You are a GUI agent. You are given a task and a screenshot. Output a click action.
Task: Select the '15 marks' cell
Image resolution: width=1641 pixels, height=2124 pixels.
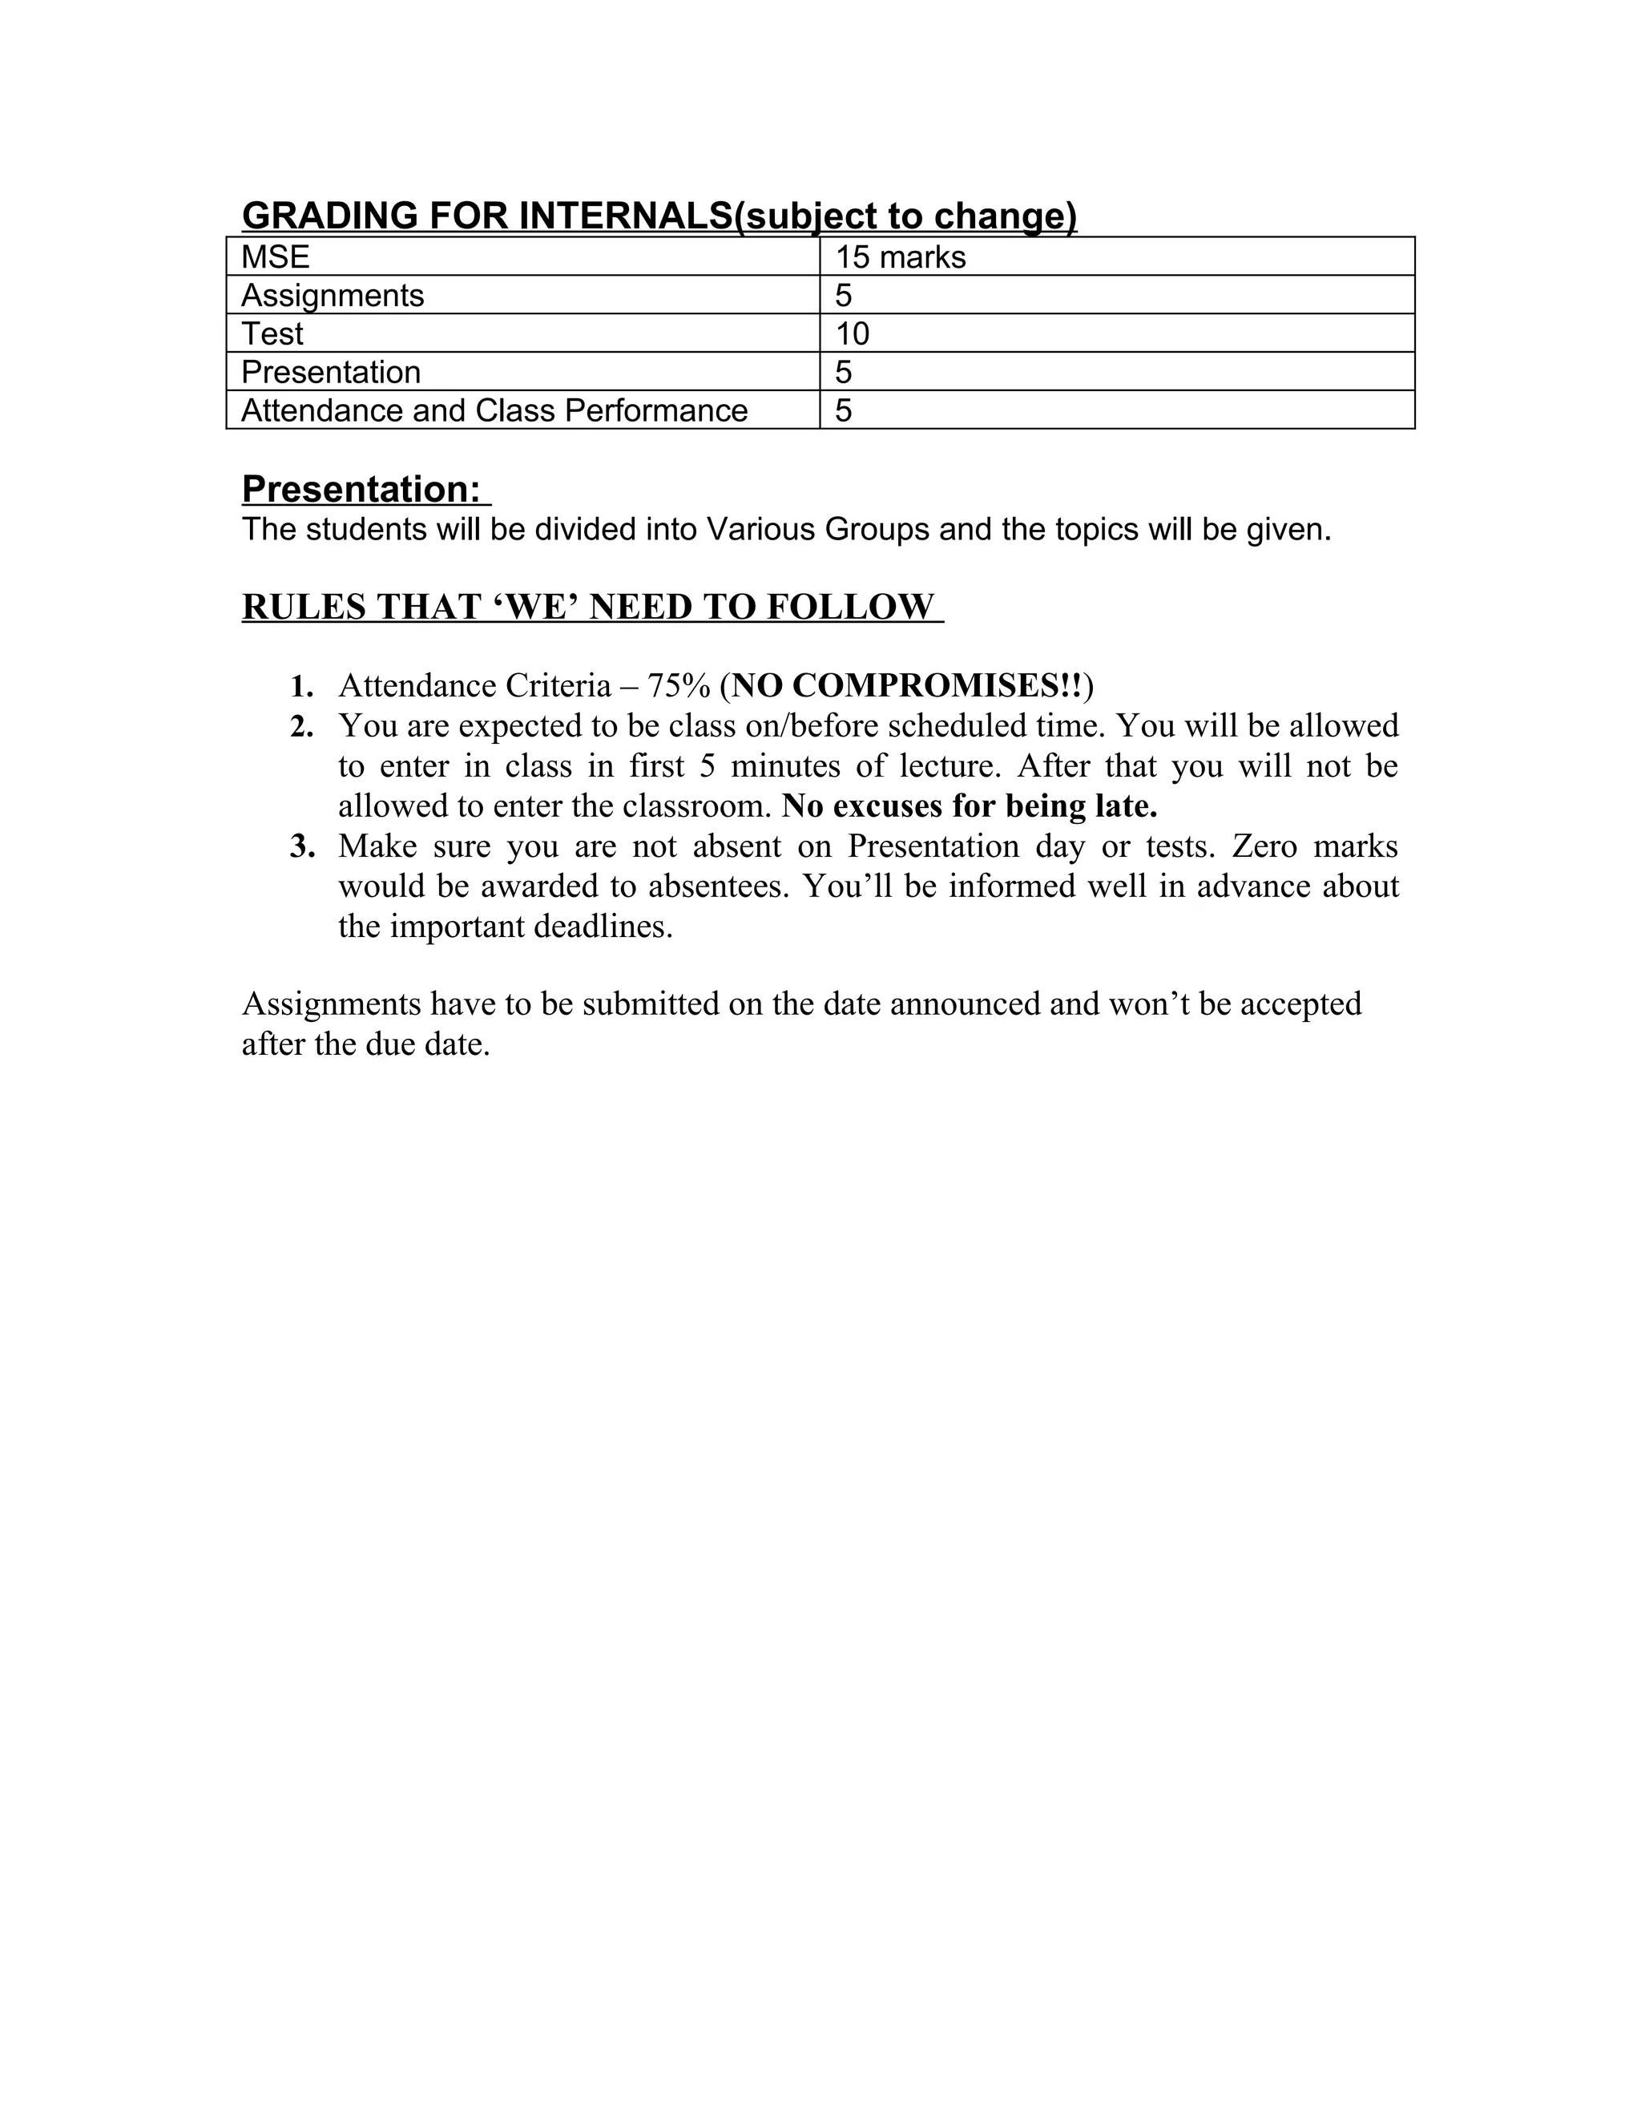[900, 256]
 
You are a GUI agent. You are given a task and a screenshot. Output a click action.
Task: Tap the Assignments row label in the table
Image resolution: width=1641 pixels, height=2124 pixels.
[333, 295]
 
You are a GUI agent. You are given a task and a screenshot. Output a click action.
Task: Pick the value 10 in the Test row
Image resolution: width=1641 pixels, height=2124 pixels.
[853, 333]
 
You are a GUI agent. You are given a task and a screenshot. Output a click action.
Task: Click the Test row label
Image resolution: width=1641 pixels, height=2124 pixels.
[272, 333]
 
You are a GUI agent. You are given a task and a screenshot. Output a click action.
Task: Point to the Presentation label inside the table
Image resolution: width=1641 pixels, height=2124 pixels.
[331, 372]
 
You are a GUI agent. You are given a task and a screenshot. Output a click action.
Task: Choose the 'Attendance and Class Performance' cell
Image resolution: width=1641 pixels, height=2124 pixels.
[494, 410]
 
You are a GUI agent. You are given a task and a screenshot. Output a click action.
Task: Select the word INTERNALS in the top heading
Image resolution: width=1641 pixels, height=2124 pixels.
[625, 216]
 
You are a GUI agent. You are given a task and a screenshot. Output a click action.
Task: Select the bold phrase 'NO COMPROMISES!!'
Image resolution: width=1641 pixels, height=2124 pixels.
[907, 685]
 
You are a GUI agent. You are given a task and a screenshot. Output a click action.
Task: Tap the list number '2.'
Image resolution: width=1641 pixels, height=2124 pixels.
[301, 725]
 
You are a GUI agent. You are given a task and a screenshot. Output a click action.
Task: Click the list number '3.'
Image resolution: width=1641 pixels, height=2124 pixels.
[301, 846]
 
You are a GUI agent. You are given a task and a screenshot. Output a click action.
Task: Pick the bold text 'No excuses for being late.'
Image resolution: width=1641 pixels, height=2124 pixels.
[970, 806]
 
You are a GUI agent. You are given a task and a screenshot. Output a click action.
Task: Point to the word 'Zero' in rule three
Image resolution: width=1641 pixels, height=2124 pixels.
[1264, 846]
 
